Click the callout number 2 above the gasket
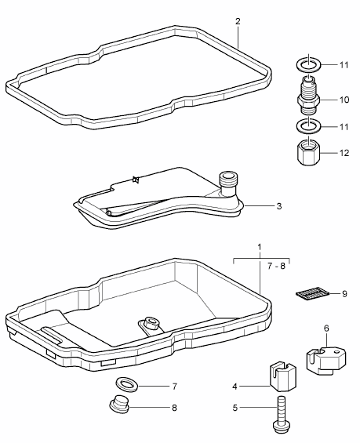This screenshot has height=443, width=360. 238,21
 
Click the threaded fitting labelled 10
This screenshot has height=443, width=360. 308,96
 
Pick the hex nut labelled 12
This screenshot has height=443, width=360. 308,154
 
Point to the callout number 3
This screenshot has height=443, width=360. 279,206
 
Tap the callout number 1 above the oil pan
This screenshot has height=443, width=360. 260,248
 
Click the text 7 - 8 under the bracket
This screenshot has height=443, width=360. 276,266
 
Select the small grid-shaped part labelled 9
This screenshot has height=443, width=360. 312,293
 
